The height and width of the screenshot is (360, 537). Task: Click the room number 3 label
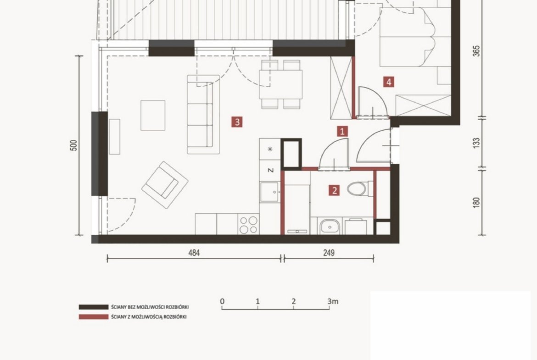click(237, 122)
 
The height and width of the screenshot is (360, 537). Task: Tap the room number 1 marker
click(342, 131)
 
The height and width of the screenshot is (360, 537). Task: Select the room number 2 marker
click(334, 190)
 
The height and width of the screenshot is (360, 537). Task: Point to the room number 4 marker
click(388, 82)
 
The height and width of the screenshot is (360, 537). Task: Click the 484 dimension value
click(194, 253)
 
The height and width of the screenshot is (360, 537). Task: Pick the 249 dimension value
click(329, 253)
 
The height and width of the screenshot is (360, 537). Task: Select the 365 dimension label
click(476, 51)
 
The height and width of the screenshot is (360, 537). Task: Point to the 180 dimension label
click(476, 202)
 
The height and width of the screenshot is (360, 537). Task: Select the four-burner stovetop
click(248, 225)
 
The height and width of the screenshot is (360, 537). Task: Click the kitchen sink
click(269, 192)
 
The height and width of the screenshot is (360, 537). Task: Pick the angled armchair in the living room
click(165, 185)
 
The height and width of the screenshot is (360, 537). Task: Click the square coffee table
click(153, 115)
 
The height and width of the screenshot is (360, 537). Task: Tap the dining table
click(281, 84)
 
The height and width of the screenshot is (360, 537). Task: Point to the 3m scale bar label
click(333, 301)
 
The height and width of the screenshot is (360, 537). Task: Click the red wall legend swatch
click(94, 317)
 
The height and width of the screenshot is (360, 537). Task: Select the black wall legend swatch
click(94, 307)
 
